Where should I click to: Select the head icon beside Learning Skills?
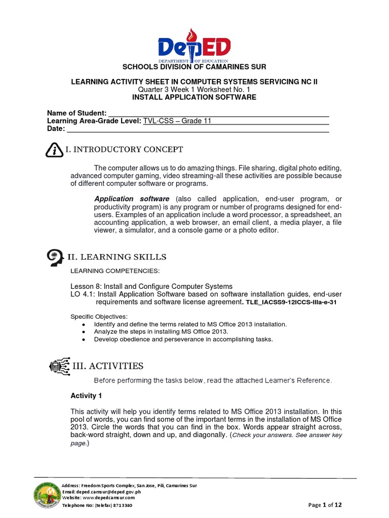pos(54,257)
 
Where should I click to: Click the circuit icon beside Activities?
pos(60,366)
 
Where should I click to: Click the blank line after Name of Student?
pos(219,113)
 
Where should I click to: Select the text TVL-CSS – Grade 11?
pos(177,121)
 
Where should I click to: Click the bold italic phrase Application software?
pos(132,199)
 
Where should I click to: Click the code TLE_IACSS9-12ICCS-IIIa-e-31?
pos(291,302)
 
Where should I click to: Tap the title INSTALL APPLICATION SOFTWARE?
pos(194,97)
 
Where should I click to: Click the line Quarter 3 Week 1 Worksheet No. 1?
pos(194,90)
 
